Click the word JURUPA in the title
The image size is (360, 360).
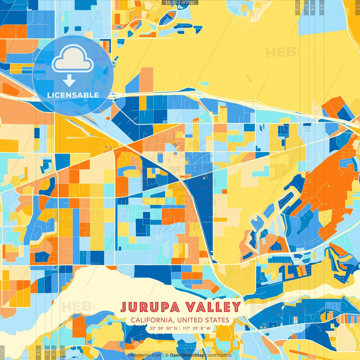click(150, 307)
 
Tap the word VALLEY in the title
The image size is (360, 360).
click(213, 307)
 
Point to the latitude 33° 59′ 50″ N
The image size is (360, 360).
click(163, 328)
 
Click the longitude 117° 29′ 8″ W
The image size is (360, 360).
click(196, 328)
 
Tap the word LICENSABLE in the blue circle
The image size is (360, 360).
click(73, 95)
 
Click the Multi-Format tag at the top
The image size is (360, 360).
click(180, 3)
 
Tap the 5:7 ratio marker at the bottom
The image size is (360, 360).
click(54, 352)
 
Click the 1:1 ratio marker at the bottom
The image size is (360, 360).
click(2, 352)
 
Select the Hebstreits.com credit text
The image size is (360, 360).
click(145, 355)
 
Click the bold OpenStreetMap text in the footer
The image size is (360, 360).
click(187, 355)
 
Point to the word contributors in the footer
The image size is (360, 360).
click(219, 355)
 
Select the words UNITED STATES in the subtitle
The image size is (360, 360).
click(203, 320)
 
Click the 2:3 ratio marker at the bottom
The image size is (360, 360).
click(62, 352)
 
